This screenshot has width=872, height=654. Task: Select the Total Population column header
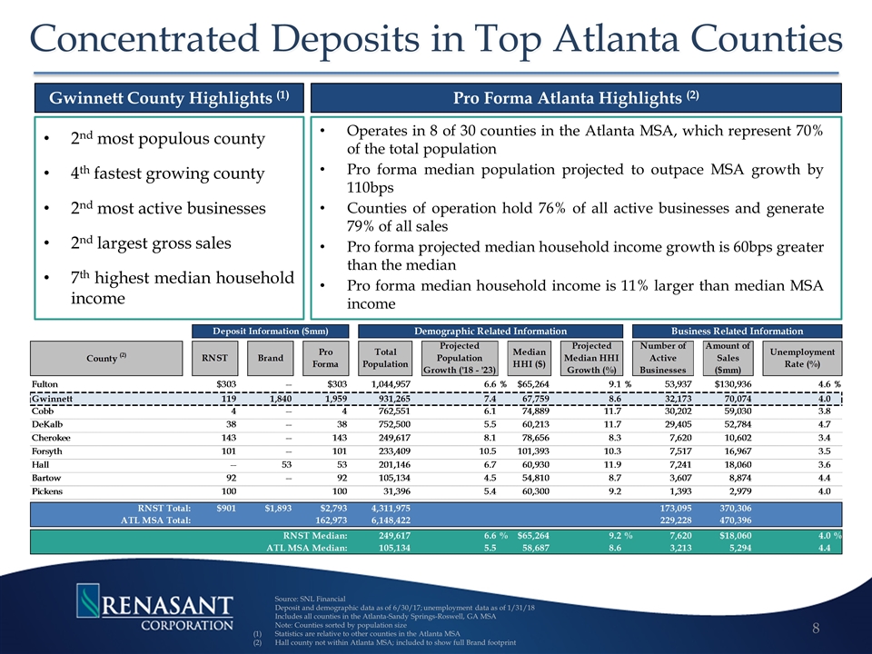[385, 358]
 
